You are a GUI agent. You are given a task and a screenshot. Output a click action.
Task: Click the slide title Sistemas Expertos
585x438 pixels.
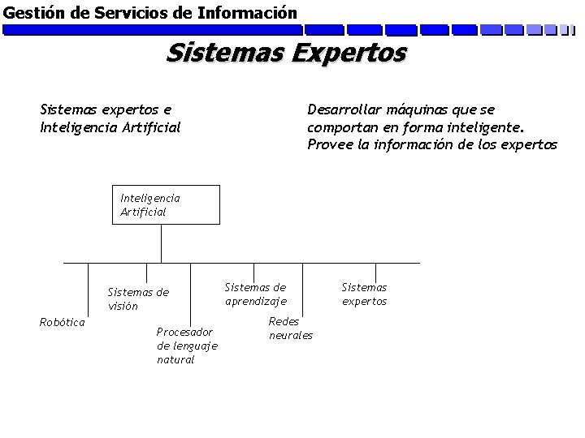(x=286, y=54)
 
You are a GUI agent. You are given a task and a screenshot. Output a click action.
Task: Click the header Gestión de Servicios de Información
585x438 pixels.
(x=150, y=13)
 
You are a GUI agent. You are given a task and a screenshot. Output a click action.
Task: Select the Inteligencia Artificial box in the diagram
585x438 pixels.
(x=167, y=204)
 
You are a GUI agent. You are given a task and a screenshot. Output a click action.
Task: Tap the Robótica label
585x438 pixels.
(x=63, y=322)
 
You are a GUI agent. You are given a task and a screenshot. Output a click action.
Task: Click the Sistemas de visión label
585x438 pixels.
(x=138, y=299)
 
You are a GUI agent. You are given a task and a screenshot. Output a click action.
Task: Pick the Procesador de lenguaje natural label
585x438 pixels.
(x=186, y=346)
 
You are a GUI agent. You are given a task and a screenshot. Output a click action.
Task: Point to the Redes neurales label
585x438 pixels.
(x=290, y=328)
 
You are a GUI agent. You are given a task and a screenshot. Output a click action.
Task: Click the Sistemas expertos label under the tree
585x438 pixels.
(x=364, y=294)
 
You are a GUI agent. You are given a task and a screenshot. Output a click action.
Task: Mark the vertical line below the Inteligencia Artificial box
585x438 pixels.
(x=161, y=243)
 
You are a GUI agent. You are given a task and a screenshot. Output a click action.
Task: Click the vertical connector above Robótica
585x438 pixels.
(x=65, y=288)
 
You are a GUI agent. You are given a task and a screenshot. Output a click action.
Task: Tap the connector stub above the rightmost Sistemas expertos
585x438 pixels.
(x=376, y=270)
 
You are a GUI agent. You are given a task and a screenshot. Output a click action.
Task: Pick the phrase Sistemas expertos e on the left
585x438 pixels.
(x=106, y=109)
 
